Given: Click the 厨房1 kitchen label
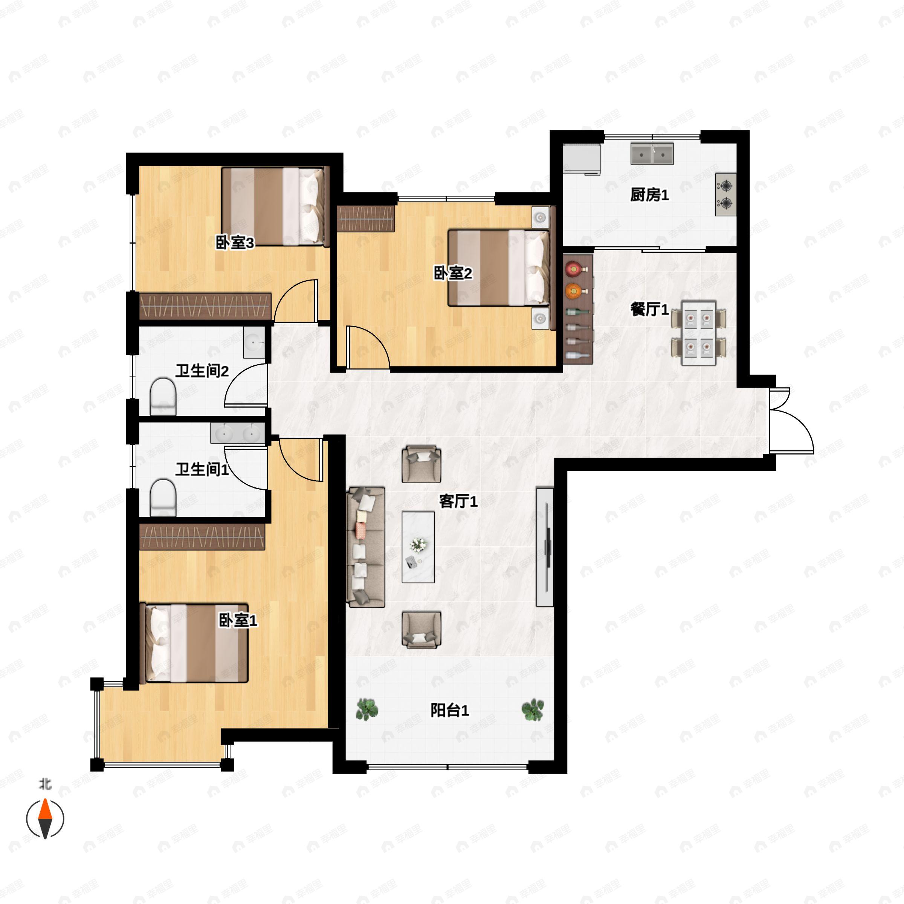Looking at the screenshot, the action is click(x=649, y=195).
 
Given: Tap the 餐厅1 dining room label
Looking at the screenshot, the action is click(x=649, y=309).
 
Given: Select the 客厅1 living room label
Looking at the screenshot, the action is click(x=458, y=502).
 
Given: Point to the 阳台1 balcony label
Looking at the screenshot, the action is click(x=450, y=710).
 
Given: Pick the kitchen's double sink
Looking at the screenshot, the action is click(x=652, y=153).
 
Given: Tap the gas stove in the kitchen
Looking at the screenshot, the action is click(x=726, y=195).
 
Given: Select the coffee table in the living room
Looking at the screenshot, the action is click(x=418, y=547).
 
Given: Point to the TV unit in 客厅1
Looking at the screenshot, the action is click(x=545, y=547).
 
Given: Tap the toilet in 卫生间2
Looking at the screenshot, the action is click(x=163, y=396).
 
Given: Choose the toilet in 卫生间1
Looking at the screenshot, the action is click(x=163, y=497).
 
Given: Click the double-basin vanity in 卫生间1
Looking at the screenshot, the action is click(x=238, y=433).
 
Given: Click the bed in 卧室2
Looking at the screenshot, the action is click(x=499, y=268).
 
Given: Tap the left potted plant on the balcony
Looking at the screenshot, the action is click(x=367, y=709).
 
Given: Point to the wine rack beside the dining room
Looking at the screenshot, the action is click(x=578, y=309).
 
